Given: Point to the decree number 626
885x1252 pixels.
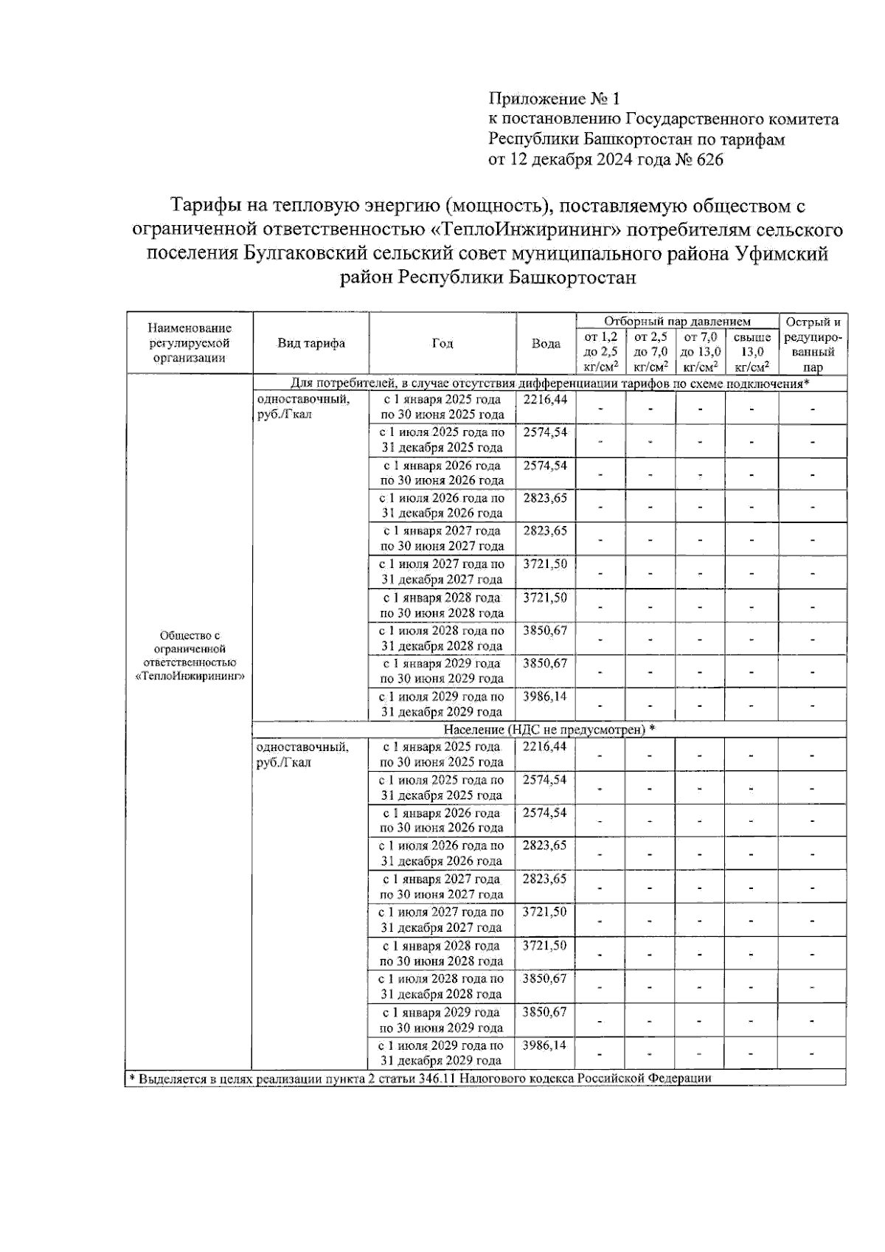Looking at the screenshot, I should click(x=709, y=159).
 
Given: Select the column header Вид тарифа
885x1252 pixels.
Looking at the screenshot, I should click(x=311, y=343).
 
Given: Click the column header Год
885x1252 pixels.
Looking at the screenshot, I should click(x=442, y=343).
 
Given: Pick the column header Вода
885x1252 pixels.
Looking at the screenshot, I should click(x=546, y=344).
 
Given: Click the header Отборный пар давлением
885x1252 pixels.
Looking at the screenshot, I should click(x=677, y=321).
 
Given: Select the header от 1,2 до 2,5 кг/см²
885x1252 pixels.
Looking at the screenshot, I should click(x=600, y=351).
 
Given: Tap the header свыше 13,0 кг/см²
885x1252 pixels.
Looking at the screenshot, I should click(x=752, y=351).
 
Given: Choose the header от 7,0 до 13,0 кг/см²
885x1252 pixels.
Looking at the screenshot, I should click(x=701, y=351).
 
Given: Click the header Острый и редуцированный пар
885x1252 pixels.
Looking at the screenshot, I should click(x=813, y=344).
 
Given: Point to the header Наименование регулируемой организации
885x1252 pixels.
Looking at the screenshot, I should click(x=190, y=343).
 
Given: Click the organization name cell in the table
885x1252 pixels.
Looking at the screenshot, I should click(x=190, y=655).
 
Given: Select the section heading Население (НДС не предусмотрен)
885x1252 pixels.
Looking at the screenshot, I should click(x=549, y=729).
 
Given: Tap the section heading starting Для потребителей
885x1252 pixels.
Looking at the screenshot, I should click(x=549, y=384).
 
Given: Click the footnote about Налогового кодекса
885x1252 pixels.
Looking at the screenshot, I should click(x=420, y=1079).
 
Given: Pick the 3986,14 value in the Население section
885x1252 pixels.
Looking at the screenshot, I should click(x=545, y=1045).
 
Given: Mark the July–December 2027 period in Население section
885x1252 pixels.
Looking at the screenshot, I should click(x=442, y=919).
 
